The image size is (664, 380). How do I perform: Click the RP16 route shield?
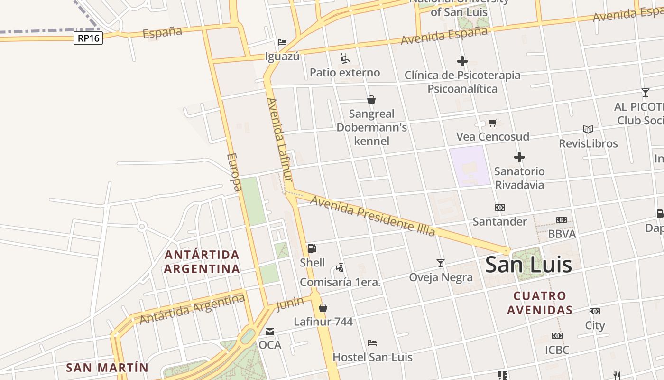pyautogui.click(x=88, y=38)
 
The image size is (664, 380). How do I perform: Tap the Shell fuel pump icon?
pyautogui.click(x=312, y=248)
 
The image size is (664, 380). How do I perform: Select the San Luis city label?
pyautogui.click(x=528, y=265)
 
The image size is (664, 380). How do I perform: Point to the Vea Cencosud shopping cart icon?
pyautogui.click(x=492, y=123)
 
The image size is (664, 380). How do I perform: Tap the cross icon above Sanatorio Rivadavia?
pyautogui.click(x=519, y=157)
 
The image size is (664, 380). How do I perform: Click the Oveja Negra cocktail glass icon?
pyautogui.click(x=441, y=263)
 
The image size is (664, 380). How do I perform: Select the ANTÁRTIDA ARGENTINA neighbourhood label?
pyautogui.click(x=202, y=262)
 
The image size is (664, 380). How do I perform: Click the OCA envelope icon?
pyautogui.click(x=270, y=332)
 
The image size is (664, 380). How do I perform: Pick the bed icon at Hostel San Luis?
pyautogui.click(x=372, y=342)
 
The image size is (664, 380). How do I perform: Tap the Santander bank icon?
pyautogui.click(x=500, y=208)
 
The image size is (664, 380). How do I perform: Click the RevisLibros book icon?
pyautogui.click(x=588, y=129)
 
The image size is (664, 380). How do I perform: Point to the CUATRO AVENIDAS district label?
pyautogui.click(x=540, y=303)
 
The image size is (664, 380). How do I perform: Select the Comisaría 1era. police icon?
pyautogui.click(x=340, y=267)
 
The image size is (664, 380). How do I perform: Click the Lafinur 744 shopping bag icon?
pyautogui.click(x=323, y=308)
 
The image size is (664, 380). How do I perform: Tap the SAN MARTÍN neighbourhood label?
pyautogui.click(x=107, y=368)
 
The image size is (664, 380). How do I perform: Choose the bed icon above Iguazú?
pyautogui.click(x=282, y=42)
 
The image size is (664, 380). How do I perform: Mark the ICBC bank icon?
pyautogui.click(x=557, y=336)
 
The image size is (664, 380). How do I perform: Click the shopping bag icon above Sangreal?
pyautogui.click(x=371, y=100)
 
